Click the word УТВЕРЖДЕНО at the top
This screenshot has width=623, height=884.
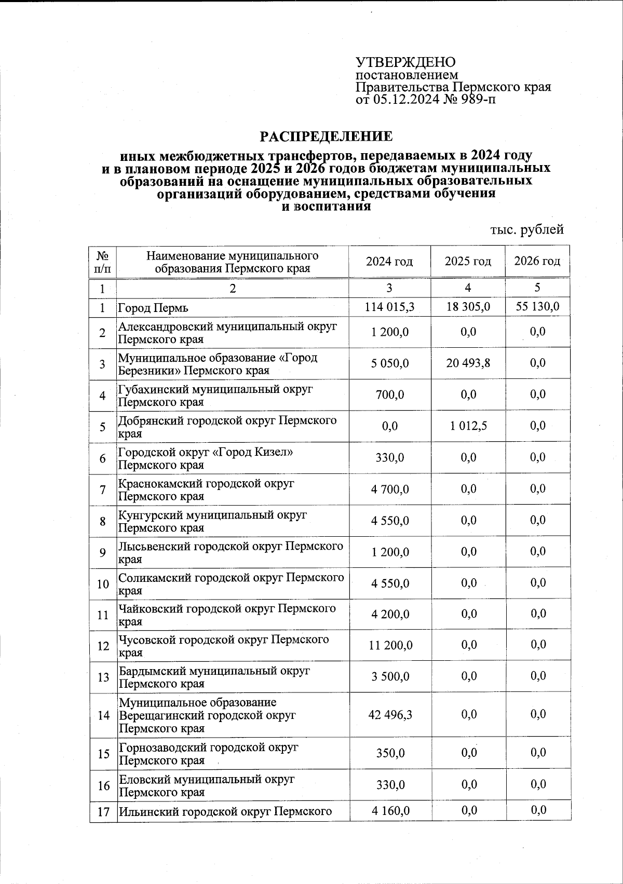tap(405, 62)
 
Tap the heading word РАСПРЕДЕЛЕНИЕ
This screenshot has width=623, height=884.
tap(326, 137)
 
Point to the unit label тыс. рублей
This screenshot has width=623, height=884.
tap(527, 229)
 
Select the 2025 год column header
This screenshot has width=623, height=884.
tap(468, 261)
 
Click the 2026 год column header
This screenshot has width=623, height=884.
tap(537, 261)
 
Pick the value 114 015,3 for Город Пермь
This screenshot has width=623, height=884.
tap(389, 307)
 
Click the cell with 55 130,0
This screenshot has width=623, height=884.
tap(537, 307)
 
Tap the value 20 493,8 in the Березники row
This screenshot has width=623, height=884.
tap(468, 363)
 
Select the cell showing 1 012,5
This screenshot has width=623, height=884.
tap(468, 426)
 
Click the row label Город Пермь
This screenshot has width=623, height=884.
tap(153, 308)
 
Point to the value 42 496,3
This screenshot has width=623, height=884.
tap(389, 715)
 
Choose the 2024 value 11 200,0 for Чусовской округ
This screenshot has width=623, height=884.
tap(389, 645)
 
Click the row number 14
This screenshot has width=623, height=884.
tap(103, 716)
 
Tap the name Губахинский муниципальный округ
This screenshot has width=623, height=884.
tap(215, 390)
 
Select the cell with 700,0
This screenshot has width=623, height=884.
tap(389, 395)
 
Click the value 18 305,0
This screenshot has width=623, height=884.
tap(468, 307)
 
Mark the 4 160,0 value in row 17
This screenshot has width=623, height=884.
tap(389, 810)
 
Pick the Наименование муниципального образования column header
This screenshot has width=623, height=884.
tap(233, 262)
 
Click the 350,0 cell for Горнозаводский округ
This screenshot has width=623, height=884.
tap(389, 753)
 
